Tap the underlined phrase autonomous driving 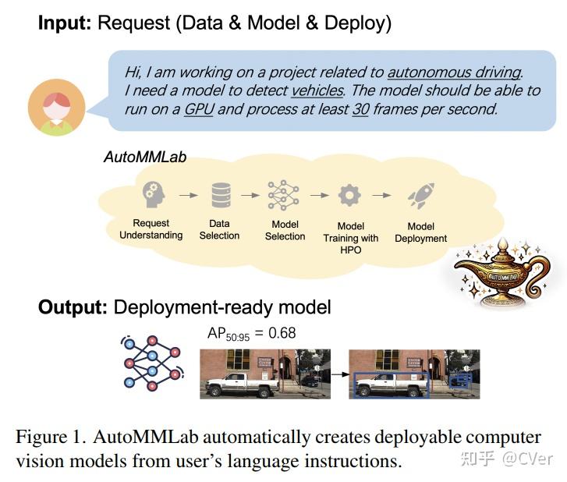(x=454, y=72)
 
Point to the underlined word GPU (x=198, y=108)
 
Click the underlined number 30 (x=360, y=108)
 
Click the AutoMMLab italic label (x=145, y=158)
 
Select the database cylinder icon (x=221, y=195)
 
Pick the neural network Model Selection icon (x=284, y=195)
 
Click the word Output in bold (x=73, y=307)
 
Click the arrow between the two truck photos (x=339, y=374)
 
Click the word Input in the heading (x=65, y=23)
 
